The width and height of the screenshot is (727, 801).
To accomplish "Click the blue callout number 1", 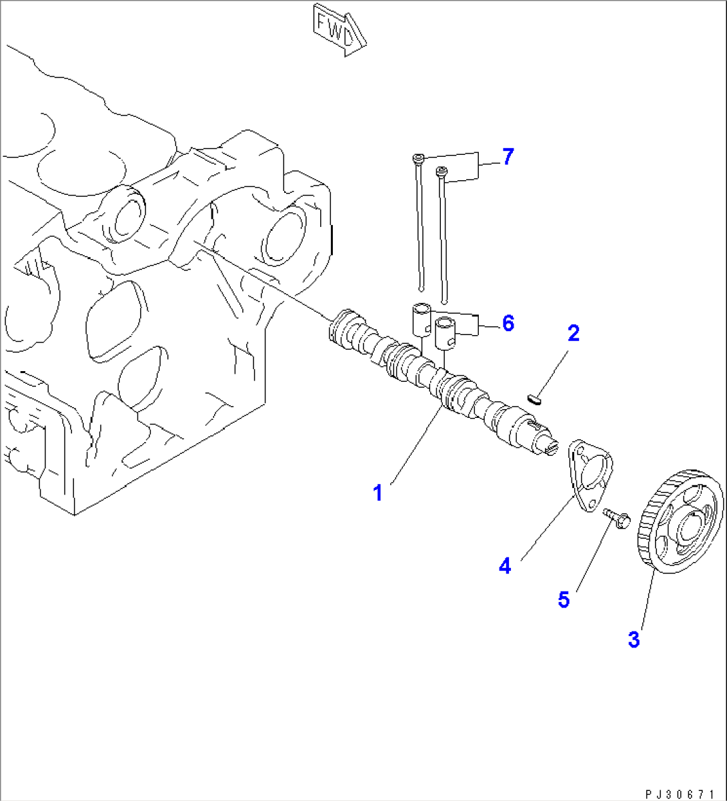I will (378, 493).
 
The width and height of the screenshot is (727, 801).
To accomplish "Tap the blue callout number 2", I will (573, 333).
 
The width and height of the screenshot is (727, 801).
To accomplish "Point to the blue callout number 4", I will (505, 566).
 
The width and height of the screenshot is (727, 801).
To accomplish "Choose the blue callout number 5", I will (564, 599).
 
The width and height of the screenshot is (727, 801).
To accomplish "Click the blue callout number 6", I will (508, 324).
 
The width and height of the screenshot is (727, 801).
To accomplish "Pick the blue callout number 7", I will (508, 157).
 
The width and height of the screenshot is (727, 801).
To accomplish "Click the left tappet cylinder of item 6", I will (420, 320).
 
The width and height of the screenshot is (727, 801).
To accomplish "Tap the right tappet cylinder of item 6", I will (444, 332).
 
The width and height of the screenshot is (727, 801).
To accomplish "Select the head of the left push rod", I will (418, 158).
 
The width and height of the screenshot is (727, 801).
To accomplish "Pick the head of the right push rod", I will (441, 172).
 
